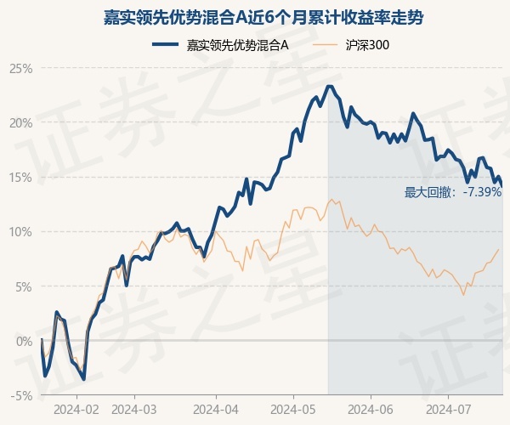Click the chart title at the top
tap(255, 17)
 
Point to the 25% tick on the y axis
tap(22, 68)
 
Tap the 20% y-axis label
tap(22, 122)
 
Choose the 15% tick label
tap(22, 177)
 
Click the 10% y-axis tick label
tap(22, 231)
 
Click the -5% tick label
tap(23, 395)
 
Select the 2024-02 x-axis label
tap(76, 409)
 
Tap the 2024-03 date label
tap(135, 409)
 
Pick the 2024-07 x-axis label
tap(449, 409)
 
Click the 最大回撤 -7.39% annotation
tap(453, 192)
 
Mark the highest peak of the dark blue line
tap(329, 86)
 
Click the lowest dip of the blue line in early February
tap(83, 379)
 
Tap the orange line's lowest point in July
tap(463, 295)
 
